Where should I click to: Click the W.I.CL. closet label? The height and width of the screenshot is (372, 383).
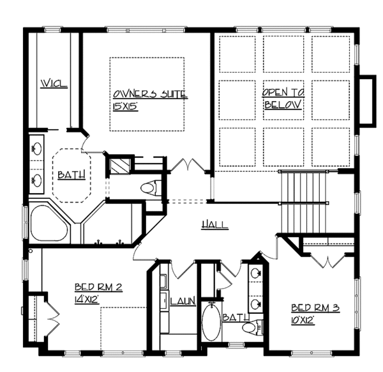pos(54,84)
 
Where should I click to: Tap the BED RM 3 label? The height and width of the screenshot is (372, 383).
pos(315,307)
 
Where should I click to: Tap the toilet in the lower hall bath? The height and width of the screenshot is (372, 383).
pos(252,327)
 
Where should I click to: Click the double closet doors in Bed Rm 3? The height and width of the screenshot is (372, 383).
pos(329,259)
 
